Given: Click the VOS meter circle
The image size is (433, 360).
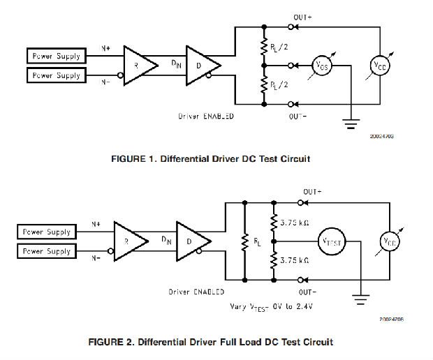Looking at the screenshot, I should point(321,66).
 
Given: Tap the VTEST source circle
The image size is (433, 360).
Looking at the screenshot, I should point(331,241).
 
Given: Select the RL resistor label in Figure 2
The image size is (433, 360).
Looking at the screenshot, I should point(257,242).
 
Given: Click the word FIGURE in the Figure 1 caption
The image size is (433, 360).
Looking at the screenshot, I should point(129,159).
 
